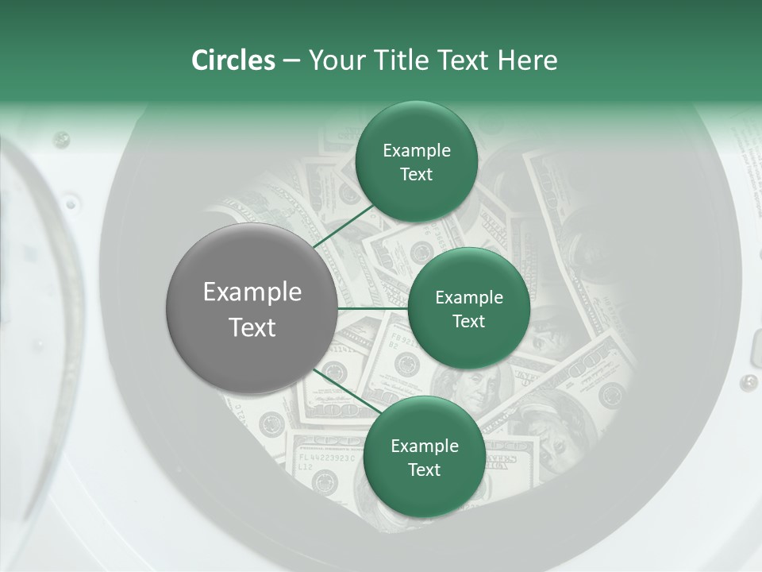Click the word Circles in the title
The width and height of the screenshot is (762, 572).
233,60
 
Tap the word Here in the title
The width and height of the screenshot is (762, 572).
527,60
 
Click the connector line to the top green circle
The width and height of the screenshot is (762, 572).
346,226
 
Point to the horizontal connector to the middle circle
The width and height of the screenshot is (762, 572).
373,308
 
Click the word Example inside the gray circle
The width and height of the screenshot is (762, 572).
252,292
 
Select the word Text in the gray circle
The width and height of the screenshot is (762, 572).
252,327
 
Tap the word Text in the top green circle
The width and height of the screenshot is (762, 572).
416,175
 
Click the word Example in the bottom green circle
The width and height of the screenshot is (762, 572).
424,446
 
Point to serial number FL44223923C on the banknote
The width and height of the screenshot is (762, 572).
328,458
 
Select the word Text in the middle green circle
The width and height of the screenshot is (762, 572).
468,322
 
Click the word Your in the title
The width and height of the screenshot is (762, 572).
333,60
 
